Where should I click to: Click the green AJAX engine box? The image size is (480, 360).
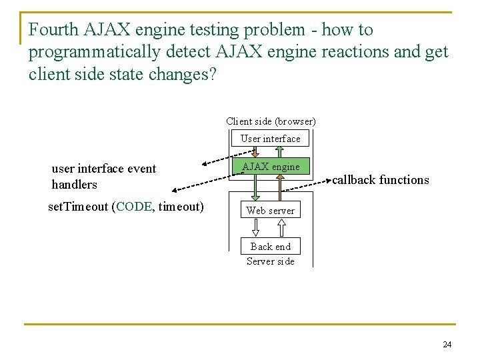coord(271,167)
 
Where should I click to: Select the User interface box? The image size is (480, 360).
coord(271,139)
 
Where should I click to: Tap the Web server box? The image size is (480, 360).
coord(270,211)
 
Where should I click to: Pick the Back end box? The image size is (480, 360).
coord(271,247)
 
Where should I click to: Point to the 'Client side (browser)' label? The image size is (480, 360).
coord(271,121)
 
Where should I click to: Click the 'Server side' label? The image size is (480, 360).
coord(270,261)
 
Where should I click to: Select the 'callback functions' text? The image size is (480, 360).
coord(381,180)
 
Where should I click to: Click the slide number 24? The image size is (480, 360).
coord(447,345)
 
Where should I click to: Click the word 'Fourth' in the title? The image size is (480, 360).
coord(54,30)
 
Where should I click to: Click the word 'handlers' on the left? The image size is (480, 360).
coord(74,185)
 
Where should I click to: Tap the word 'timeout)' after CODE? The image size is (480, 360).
coord(181,207)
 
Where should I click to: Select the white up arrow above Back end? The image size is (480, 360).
coord(281,228)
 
